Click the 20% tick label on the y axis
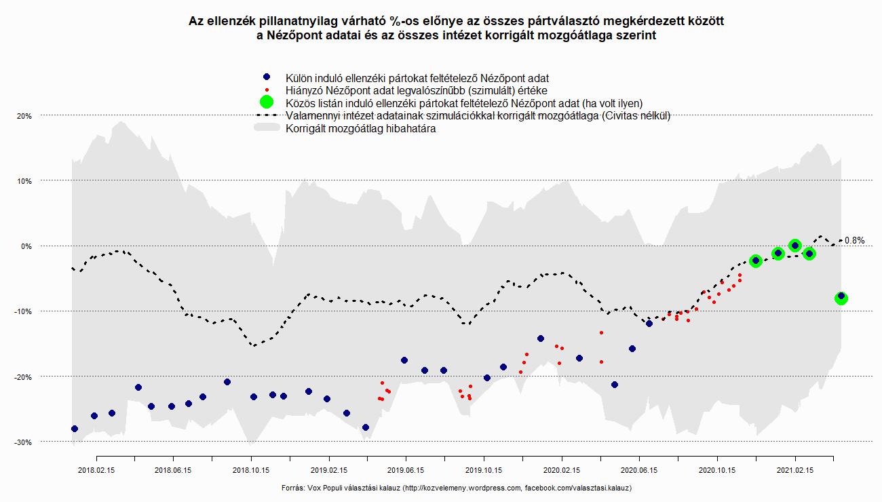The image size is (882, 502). pos(24,116)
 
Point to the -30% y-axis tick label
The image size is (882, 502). pos(24,442)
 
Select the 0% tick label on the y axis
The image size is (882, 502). pos(26,246)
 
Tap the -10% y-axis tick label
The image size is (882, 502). pos(24,311)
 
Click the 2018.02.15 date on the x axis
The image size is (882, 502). pos(96,469)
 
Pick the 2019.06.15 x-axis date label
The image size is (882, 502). pos(406,469)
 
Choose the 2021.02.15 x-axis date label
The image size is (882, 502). pos(795,469)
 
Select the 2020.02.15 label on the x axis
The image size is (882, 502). pos(561,469)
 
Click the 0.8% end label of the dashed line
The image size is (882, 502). pos(855,241)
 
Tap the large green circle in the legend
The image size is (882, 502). pos(267,102)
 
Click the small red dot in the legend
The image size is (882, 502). pos(267,90)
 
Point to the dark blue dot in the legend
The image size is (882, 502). pos(267,77)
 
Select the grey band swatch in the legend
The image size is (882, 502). pos(267,128)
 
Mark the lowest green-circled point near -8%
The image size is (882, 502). pos(841,298)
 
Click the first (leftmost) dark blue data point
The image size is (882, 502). pos(75,429)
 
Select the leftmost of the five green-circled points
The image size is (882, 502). pos(756,260)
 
